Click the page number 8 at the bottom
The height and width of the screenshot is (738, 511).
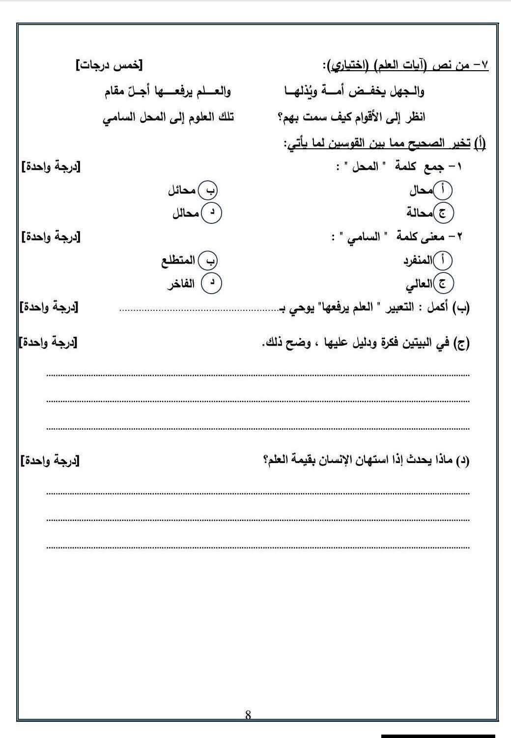coord(248,715)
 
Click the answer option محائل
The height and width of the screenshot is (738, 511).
coord(182,191)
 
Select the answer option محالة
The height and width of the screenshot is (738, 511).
coord(419,213)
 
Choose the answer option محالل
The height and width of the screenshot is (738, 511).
coord(185,214)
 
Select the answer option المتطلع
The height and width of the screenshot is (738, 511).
coord(178,261)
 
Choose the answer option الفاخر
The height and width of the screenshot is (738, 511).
coord(181,284)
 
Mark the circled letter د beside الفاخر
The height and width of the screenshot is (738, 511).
coord(212,283)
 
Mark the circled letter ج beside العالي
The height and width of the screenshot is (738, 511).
coord(444,283)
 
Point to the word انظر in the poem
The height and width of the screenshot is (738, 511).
coord(415,117)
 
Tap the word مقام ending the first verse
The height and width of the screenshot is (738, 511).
coord(116,92)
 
